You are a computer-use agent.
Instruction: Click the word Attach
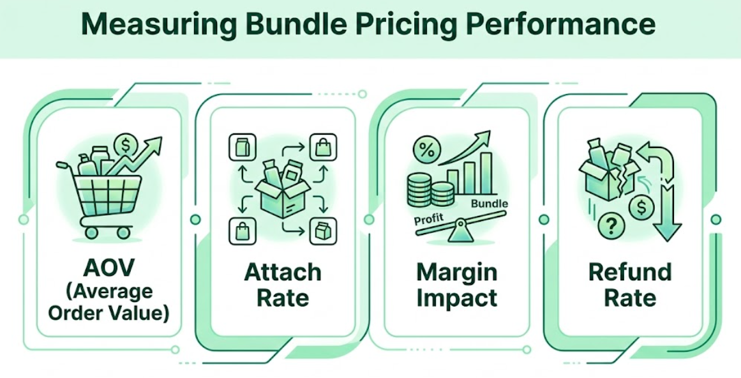(x=283, y=273)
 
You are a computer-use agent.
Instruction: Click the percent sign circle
(x=426, y=151)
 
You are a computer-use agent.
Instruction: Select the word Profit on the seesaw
(x=429, y=219)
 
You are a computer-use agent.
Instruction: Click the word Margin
(x=456, y=273)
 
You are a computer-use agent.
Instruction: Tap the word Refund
(x=630, y=273)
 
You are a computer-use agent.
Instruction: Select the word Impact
(x=456, y=298)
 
